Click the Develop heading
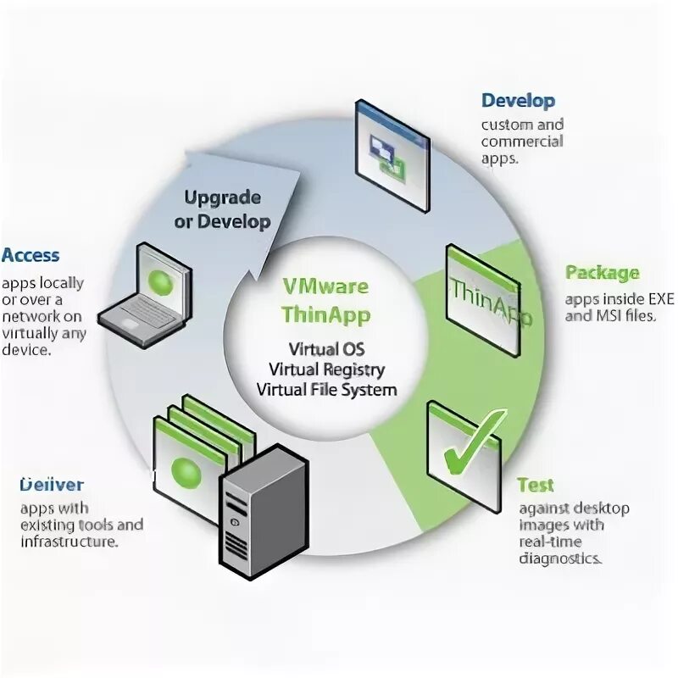coord(518,101)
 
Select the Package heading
coord(602,273)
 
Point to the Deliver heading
coord(52,485)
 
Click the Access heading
coord(31,255)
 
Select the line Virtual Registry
coord(326,370)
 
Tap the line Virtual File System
coord(326,390)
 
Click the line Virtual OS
coord(326,349)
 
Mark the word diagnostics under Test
coord(560,559)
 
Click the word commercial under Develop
coord(522,141)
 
